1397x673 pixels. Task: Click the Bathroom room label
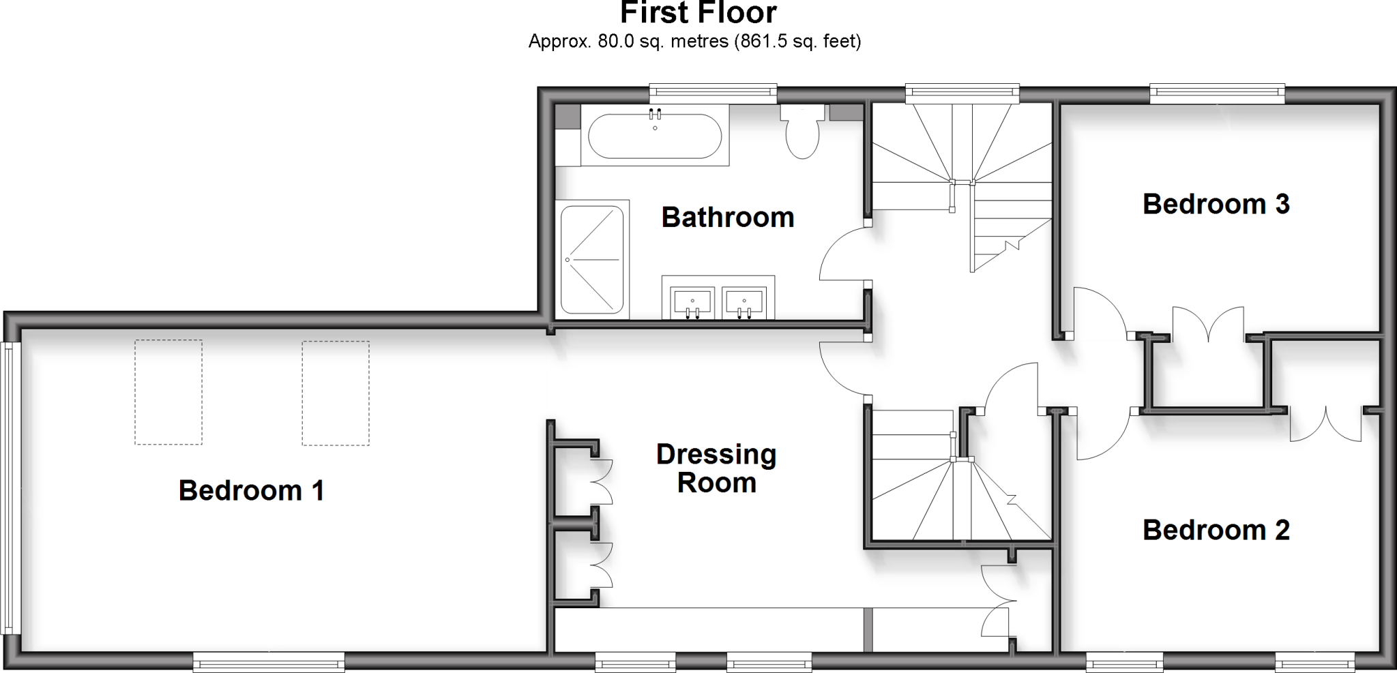728,218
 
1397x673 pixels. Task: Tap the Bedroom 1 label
251,491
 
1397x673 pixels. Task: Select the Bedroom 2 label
1216,530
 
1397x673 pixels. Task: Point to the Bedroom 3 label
1216,205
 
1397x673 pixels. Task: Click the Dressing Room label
716,468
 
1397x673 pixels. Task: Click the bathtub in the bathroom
654,136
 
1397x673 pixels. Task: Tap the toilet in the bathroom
802,134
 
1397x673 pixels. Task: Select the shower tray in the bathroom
592,259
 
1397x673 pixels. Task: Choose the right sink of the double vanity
744,301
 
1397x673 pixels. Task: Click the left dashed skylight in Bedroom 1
168,392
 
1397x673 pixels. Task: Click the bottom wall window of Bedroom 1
268,660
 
